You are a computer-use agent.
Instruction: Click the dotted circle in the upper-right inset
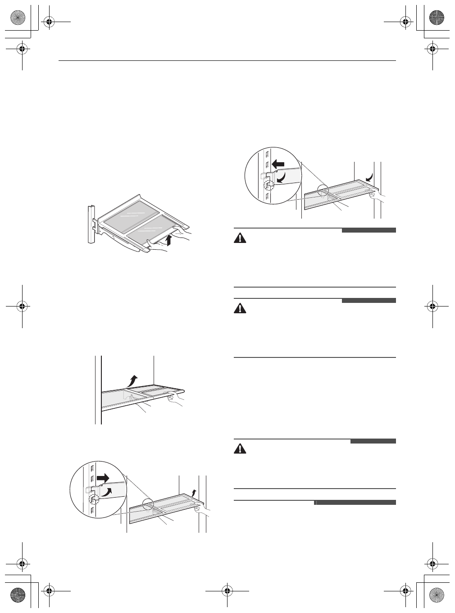point(268,185)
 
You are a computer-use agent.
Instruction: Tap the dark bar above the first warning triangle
point(369,230)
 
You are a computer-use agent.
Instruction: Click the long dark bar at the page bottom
point(355,503)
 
